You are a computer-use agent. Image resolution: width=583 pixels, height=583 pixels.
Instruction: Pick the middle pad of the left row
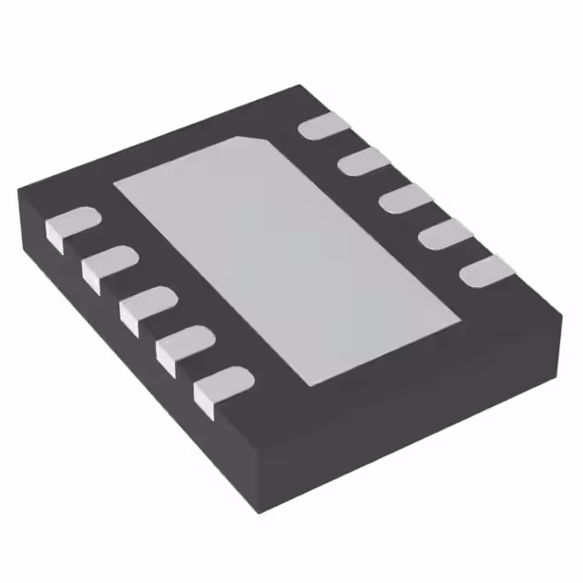[x=147, y=305]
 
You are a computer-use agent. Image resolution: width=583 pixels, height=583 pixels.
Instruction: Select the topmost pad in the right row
[x=324, y=127]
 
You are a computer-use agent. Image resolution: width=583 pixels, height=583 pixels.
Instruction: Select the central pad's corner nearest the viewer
[x=304, y=384]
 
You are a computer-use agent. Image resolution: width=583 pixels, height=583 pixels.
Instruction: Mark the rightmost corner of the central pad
[x=459, y=319]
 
